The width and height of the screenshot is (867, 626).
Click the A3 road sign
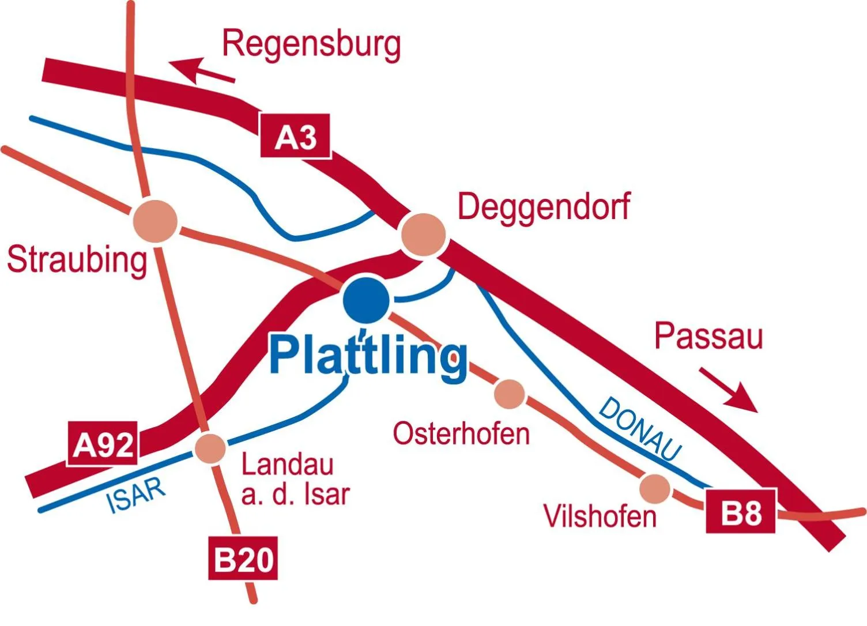click(296, 137)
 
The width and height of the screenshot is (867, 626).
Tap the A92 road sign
click(103, 444)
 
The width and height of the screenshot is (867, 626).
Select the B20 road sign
click(243, 558)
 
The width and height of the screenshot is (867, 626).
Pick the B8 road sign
click(741, 511)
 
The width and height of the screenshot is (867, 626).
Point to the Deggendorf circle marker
click(423, 235)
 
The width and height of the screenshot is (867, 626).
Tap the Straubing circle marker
click(155, 220)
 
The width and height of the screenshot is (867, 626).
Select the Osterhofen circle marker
click(510, 394)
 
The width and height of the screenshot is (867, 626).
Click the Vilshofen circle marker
click(655, 488)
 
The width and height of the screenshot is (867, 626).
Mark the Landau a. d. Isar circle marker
click(210, 448)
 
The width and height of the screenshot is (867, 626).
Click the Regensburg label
click(311, 44)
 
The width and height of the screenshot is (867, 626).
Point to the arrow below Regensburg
click(202, 70)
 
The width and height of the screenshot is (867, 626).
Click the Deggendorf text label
click(544, 207)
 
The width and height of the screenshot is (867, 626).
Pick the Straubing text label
click(77, 260)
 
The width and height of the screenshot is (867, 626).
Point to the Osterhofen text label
click(461, 433)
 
